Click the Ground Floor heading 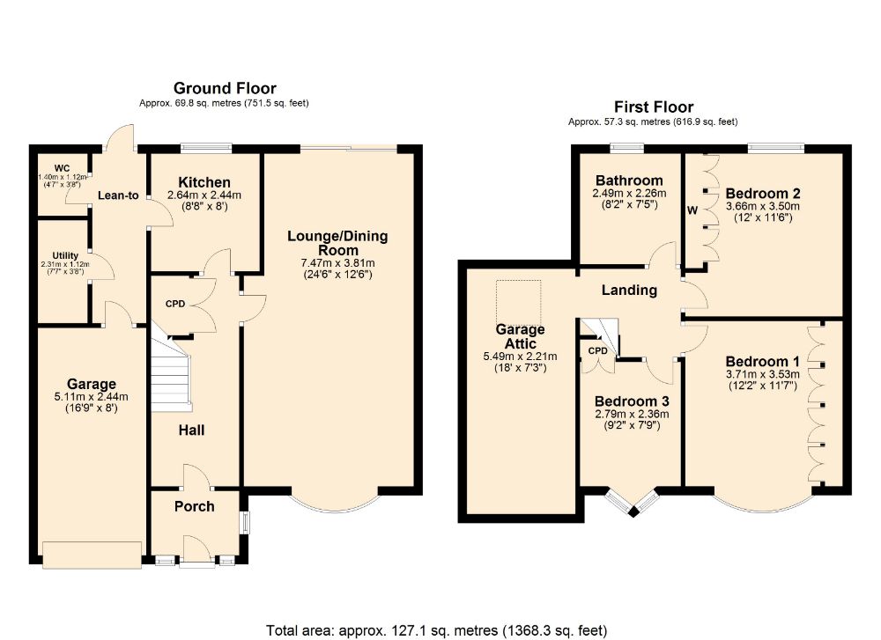(225, 88)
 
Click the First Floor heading (654, 107)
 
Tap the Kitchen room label (204, 182)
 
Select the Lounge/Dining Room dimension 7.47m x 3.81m (337, 262)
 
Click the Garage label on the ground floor (91, 384)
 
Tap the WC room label (62, 168)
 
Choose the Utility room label (65, 255)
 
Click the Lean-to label (118, 195)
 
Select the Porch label (195, 506)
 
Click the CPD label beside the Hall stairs (175, 304)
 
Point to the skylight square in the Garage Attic (519, 302)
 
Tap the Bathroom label (629, 180)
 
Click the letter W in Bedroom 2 (692, 210)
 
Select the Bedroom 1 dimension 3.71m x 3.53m (762, 374)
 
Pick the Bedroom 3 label (632, 401)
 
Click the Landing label (629, 290)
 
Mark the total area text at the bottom (437, 630)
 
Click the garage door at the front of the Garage (93, 555)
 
